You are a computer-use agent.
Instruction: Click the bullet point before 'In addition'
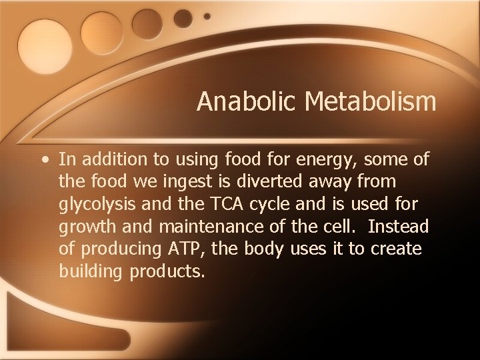(43, 160)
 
